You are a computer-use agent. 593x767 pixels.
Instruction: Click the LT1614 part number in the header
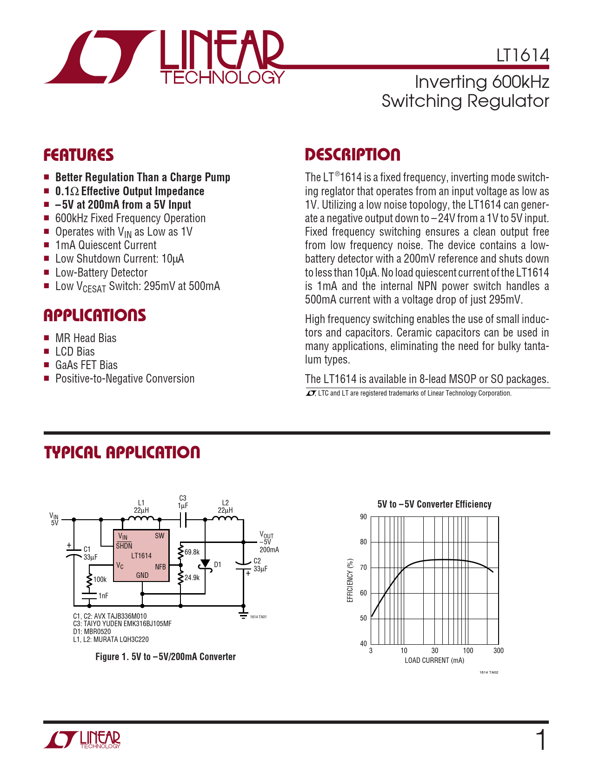[x=522, y=55]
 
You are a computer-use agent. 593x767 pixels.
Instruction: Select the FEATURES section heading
[x=79, y=155]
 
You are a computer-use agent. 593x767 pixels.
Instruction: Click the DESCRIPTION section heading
[x=352, y=155]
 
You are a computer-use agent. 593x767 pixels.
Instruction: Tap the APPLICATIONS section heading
[x=94, y=316]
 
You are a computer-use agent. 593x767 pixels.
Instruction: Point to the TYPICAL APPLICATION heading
[x=122, y=453]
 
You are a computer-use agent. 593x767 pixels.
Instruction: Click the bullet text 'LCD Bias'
[x=75, y=352]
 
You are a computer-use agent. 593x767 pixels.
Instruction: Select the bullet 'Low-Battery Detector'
[x=101, y=273]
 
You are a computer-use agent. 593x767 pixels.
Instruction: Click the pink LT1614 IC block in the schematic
[x=141, y=555]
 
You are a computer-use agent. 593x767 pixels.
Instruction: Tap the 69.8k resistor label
[x=192, y=552]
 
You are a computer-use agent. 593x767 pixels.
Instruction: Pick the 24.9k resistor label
[x=192, y=577]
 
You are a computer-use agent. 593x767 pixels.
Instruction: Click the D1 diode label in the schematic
[x=217, y=565]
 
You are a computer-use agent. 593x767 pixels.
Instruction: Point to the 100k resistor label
[x=100, y=580]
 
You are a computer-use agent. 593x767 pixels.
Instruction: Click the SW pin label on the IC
[x=159, y=536]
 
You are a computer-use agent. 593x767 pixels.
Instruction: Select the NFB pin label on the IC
[x=160, y=567]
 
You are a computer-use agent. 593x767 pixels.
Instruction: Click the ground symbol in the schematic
[x=243, y=615]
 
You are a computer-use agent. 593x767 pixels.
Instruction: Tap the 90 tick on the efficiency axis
[x=363, y=517]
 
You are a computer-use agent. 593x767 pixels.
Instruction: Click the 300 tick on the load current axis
[x=498, y=651]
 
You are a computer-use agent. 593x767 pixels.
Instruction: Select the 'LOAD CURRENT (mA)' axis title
[x=434, y=661]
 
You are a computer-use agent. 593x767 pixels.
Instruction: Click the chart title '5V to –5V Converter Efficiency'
[x=434, y=504]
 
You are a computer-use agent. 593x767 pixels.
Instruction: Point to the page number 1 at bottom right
[x=541, y=740]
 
